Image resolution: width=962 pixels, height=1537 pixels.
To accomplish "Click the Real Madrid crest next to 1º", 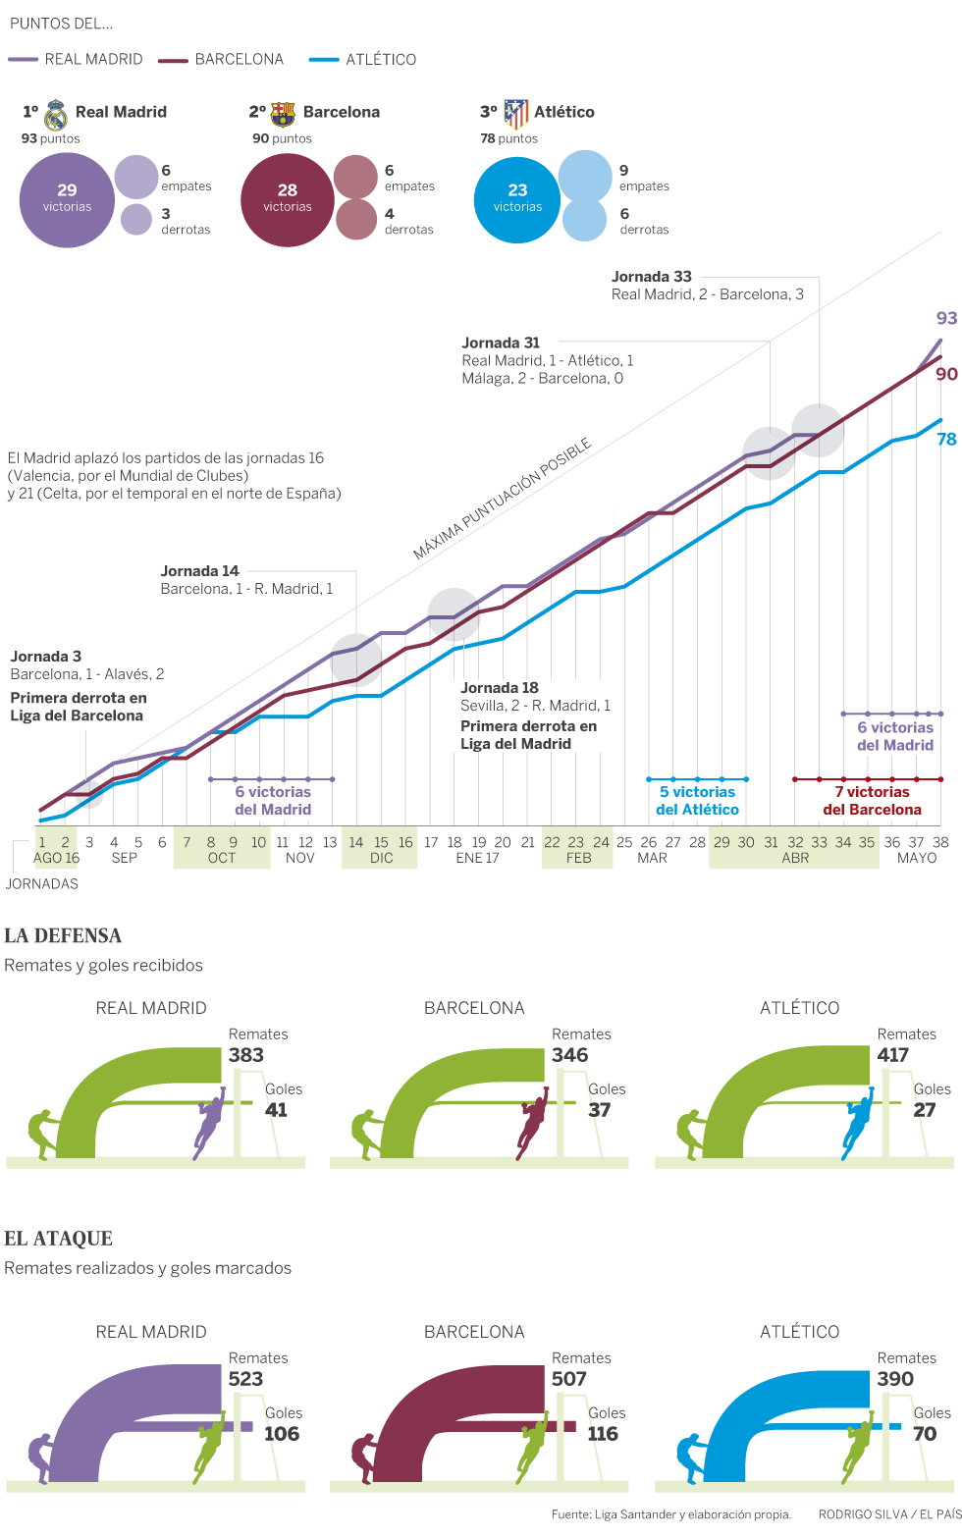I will click(56, 115).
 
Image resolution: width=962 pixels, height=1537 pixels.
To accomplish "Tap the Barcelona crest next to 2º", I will click(283, 114).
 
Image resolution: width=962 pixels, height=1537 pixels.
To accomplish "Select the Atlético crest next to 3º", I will click(515, 114).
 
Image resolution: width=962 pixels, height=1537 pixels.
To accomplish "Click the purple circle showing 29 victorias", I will click(67, 200).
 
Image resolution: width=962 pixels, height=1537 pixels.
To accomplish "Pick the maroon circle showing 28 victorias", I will click(288, 200).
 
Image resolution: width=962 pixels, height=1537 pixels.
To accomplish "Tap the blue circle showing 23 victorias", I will click(517, 200).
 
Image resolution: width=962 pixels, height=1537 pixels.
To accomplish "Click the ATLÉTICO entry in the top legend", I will click(380, 60).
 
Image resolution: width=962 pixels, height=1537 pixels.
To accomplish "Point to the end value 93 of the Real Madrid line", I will click(946, 318).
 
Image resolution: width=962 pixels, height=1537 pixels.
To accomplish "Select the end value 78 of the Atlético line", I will click(946, 439).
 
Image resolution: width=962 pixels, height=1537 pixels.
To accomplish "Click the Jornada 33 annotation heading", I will click(652, 277).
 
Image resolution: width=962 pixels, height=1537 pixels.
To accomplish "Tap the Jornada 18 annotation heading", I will click(500, 688).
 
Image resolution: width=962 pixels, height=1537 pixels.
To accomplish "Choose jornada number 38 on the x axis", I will click(940, 842).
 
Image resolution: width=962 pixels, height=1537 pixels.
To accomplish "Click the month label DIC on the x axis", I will click(381, 858).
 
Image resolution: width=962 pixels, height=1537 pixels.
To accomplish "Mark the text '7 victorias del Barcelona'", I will click(872, 801).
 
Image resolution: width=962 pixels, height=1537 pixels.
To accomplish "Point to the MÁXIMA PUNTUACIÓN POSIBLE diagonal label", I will click(502, 499).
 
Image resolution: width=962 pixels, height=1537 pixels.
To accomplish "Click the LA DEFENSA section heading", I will click(63, 935).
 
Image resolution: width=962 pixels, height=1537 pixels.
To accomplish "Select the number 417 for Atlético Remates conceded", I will click(893, 1055).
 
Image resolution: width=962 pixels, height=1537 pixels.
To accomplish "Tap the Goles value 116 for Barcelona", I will click(603, 1434).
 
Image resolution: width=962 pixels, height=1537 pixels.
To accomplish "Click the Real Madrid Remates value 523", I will click(245, 1379).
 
